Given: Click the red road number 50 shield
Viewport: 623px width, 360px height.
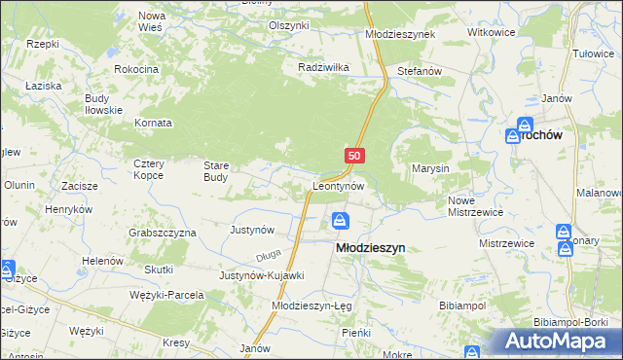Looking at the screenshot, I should click(354, 156).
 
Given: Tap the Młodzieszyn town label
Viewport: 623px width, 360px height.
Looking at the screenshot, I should click(370, 248).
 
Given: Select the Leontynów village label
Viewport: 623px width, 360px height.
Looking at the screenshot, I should click(339, 185).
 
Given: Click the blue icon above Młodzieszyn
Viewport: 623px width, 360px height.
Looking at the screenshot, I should click(340, 221).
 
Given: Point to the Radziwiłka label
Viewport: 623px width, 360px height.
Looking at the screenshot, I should click(322, 68).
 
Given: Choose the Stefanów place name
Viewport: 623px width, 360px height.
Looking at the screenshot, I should click(421, 72).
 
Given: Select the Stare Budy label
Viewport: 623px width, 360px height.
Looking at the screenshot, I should click(216, 171).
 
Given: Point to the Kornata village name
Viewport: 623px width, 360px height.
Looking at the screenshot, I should click(154, 124).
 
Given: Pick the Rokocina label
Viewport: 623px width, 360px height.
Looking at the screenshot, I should click(135, 70).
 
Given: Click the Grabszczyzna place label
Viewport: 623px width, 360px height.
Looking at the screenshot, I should click(163, 234).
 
